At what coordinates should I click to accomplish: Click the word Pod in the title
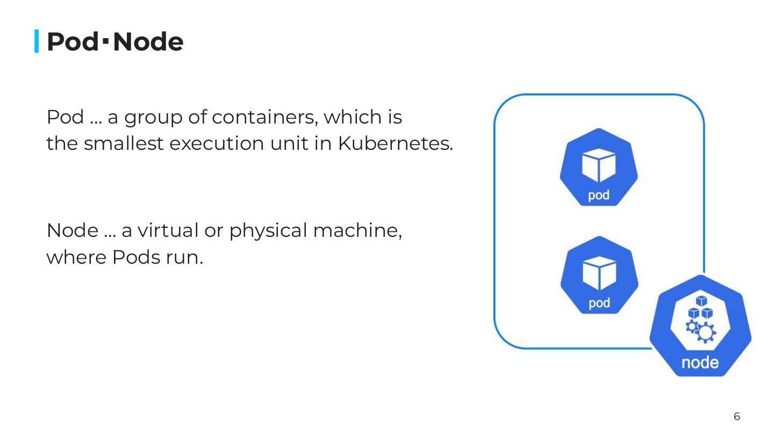tap(72, 42)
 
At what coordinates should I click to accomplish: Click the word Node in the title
tap(148, 42)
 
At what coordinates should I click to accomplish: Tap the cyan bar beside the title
tap(37, 41)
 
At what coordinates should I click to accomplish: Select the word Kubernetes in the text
tap(395, 144)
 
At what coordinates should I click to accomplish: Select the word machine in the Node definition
tap(357, 231)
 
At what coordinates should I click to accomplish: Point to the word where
tap(76, 258)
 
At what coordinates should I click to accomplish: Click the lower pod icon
tap(599, 275)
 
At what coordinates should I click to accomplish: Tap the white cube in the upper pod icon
tap(599, 164)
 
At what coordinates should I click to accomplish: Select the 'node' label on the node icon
tap(700, 363)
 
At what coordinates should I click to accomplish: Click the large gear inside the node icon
tap(705, 333)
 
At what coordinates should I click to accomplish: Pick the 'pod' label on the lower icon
tap(599, 303)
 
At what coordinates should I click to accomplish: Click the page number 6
tap(737, 416)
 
